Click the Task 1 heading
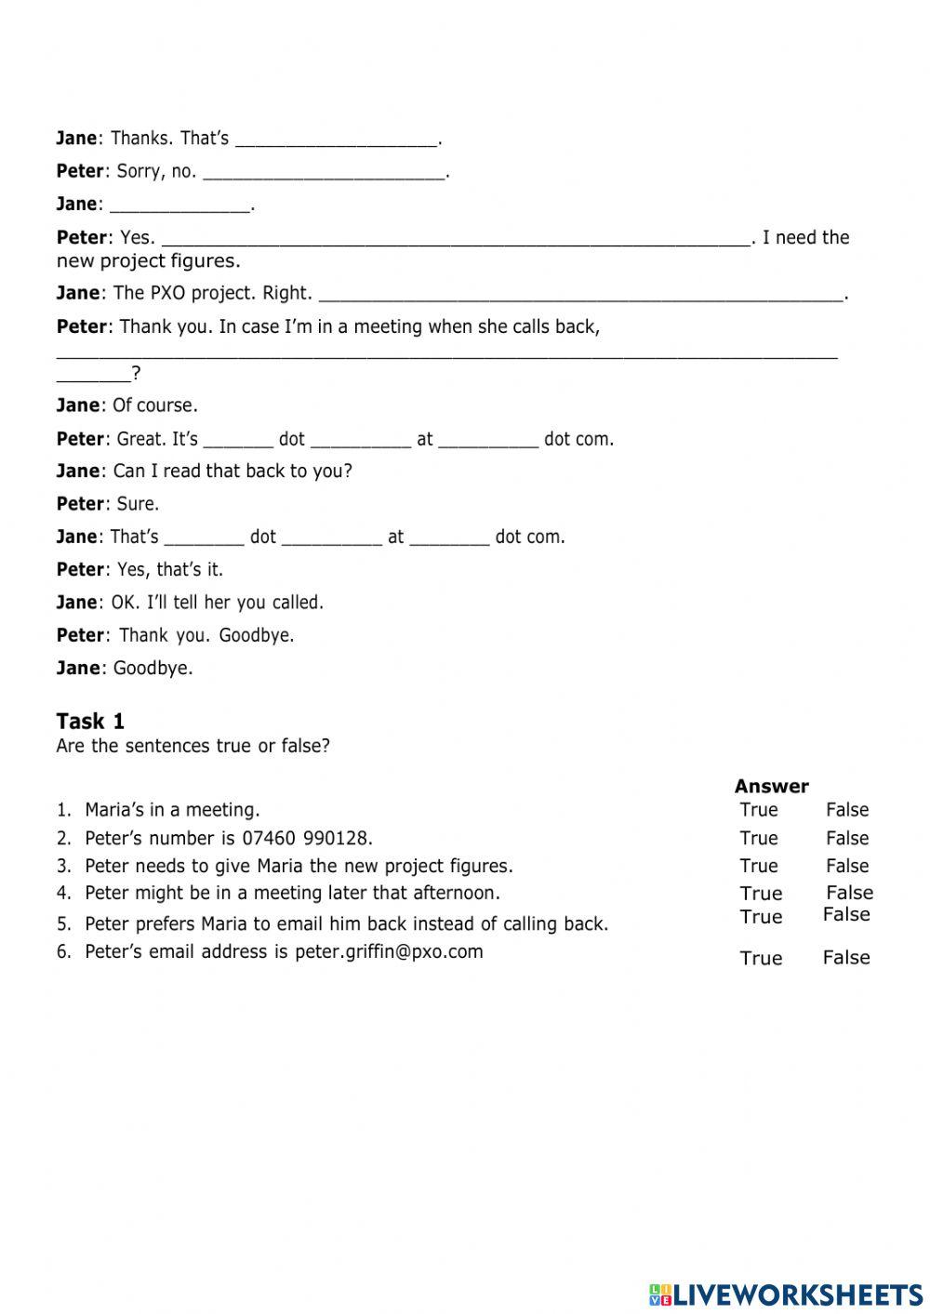click(90, 722)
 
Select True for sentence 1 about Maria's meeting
click(758, 810)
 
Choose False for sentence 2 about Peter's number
click(846, 838)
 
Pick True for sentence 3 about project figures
click(758, 866)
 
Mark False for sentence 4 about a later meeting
click(849, 893)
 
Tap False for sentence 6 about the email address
click(845, 958)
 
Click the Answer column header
click(771, 786)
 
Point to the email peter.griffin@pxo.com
click(389, 951)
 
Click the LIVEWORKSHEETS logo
click(785, 1294)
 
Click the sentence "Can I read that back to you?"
click(232, 471)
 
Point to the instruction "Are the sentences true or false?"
click(193, 746)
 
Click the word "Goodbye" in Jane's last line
click(153, 668)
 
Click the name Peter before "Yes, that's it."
click(80, 569)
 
